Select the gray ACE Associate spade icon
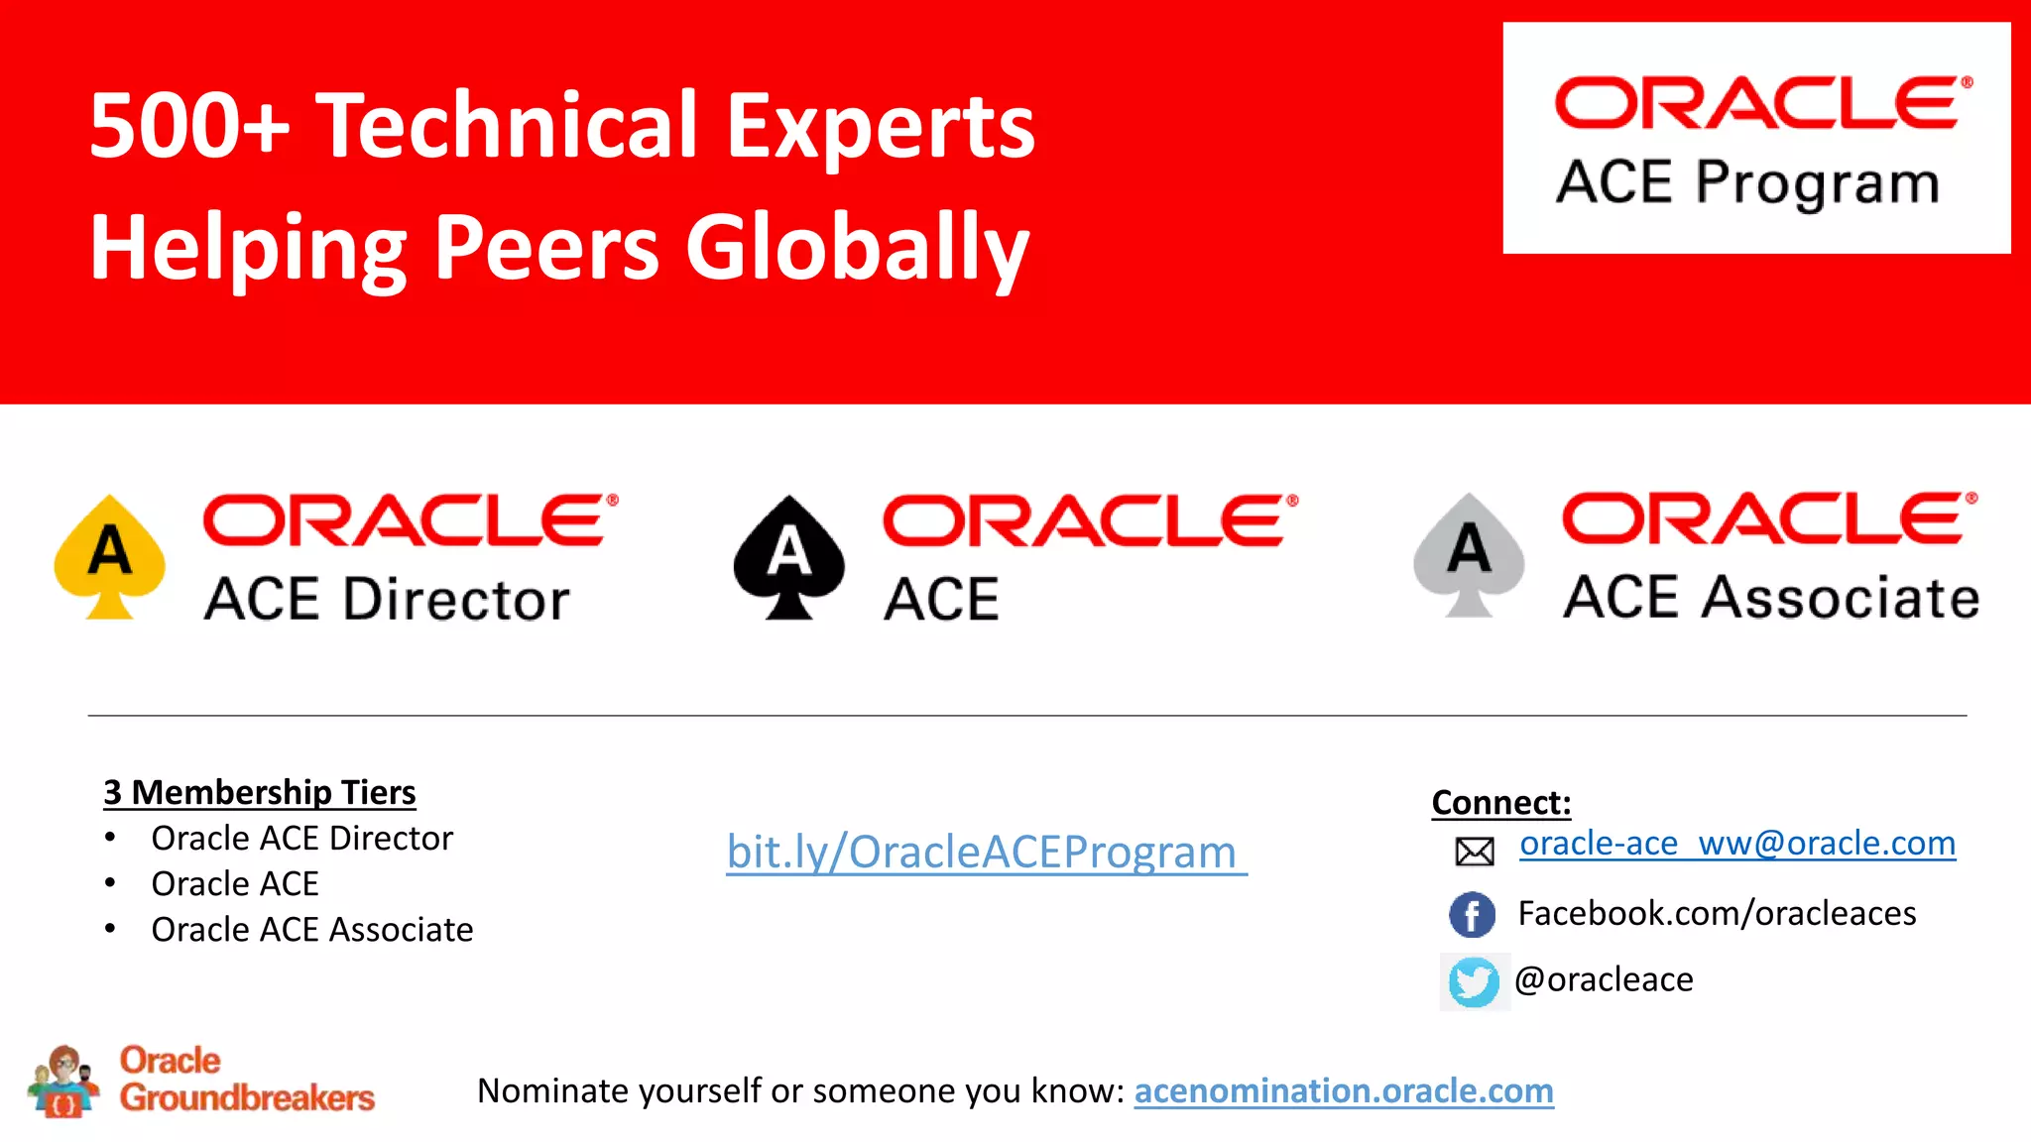(x=1469, y=555)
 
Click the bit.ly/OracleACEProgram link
(x=985, y=852)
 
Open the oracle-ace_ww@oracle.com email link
(x=1736, y=844)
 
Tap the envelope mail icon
(x=1474, y=851)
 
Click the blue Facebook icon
(x=1472, y=914)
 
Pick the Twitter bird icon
(x=1474, y=981)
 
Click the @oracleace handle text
(x=1604, y=979)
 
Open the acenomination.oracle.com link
(x=1343, y=1090)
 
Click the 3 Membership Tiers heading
(x=260, y=792)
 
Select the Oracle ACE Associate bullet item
(x=311, y=930)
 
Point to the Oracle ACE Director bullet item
(x=301, y=839)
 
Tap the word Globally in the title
(x=857, y=248)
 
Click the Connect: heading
(x=1500, y=802)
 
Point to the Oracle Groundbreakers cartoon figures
(x=63, y=1082)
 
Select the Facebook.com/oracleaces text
(x=1717, y=913)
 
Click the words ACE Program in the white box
(x=1746, y=183)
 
